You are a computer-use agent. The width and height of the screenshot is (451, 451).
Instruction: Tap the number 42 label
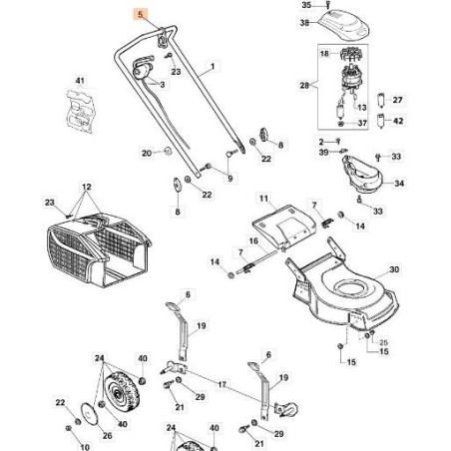(397, 122)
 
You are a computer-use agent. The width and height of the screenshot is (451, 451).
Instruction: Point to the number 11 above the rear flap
(264, 200)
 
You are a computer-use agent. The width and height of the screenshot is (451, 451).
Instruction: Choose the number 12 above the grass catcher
(87, 188)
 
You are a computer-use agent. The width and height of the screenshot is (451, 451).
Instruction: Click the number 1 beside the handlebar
(212, 72)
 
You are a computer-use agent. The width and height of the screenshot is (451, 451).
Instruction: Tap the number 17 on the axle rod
(223, 383)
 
